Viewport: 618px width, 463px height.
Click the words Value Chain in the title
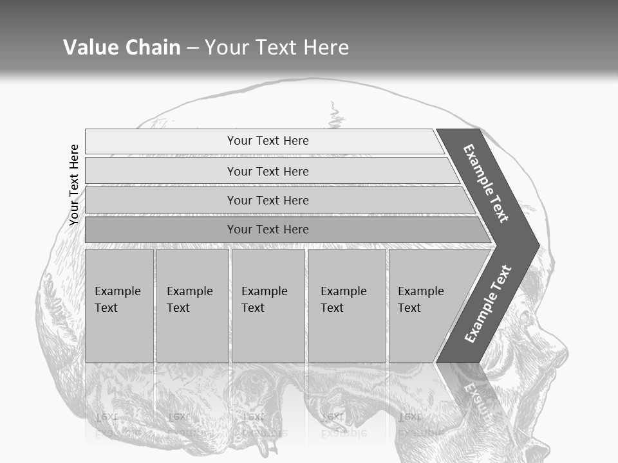pos(122,48)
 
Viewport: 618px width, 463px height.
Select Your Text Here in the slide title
pos(277,48)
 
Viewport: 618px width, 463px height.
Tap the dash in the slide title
pos(192,48)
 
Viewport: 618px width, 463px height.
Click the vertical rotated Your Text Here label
pos(74,185)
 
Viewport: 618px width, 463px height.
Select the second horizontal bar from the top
pos(268,171)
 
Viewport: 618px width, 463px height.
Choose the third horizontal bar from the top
pos(268,200)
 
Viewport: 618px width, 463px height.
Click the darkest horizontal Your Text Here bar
pos(268,230)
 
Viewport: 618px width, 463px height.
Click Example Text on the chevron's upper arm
pos(486,183)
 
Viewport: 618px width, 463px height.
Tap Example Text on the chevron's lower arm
pos(487,304)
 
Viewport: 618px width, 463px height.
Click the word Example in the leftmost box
pos(117,291)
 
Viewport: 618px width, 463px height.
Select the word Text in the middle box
pos(253,308)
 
